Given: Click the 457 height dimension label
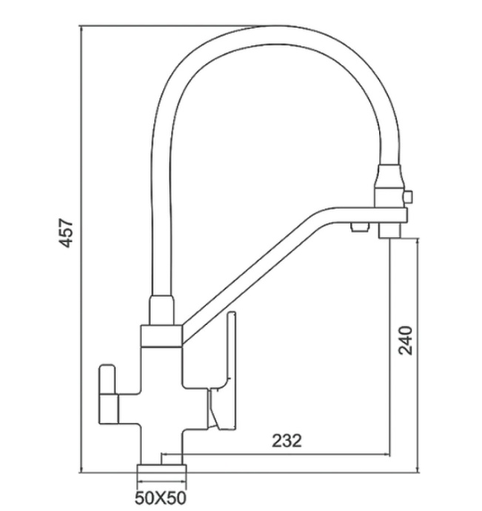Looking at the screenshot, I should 66,233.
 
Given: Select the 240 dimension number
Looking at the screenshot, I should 405,341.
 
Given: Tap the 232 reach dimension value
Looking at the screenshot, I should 287,441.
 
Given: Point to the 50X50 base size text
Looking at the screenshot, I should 160,496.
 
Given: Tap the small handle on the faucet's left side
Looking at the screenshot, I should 108,393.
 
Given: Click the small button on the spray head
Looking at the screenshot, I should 406,196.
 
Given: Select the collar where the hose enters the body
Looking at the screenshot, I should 162,310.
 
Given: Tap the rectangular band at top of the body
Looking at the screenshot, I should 161,336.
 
